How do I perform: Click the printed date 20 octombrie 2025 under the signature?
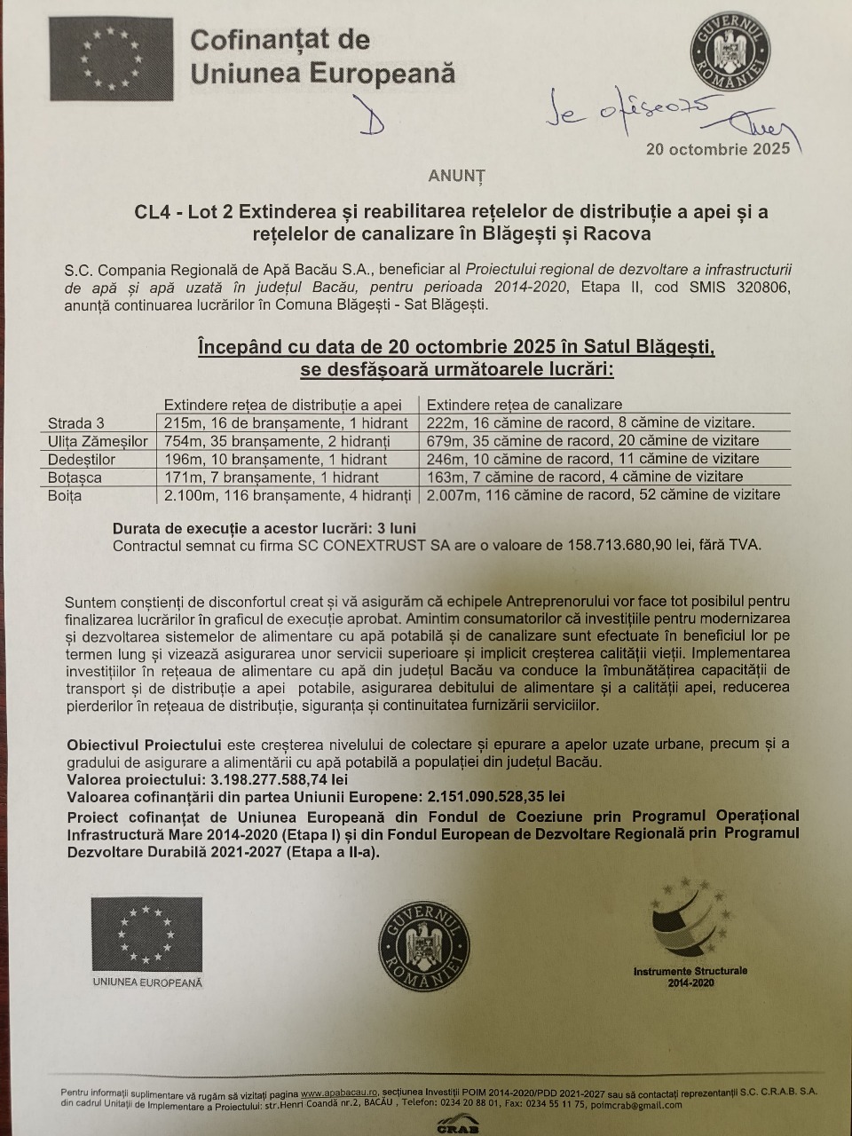[718, 149]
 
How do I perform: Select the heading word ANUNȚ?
[456, 177]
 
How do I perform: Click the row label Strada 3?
[76, 423]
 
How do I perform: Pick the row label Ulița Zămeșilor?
[98, 441]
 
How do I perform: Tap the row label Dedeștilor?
[82, 460]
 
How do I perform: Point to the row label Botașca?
[75, 477]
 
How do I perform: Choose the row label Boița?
[65, 495]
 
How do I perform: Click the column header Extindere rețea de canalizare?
[525, 405]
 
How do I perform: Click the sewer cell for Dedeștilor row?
[593, 459]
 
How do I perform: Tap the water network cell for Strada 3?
[286, 422]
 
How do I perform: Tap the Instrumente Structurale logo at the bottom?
[690, 932]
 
